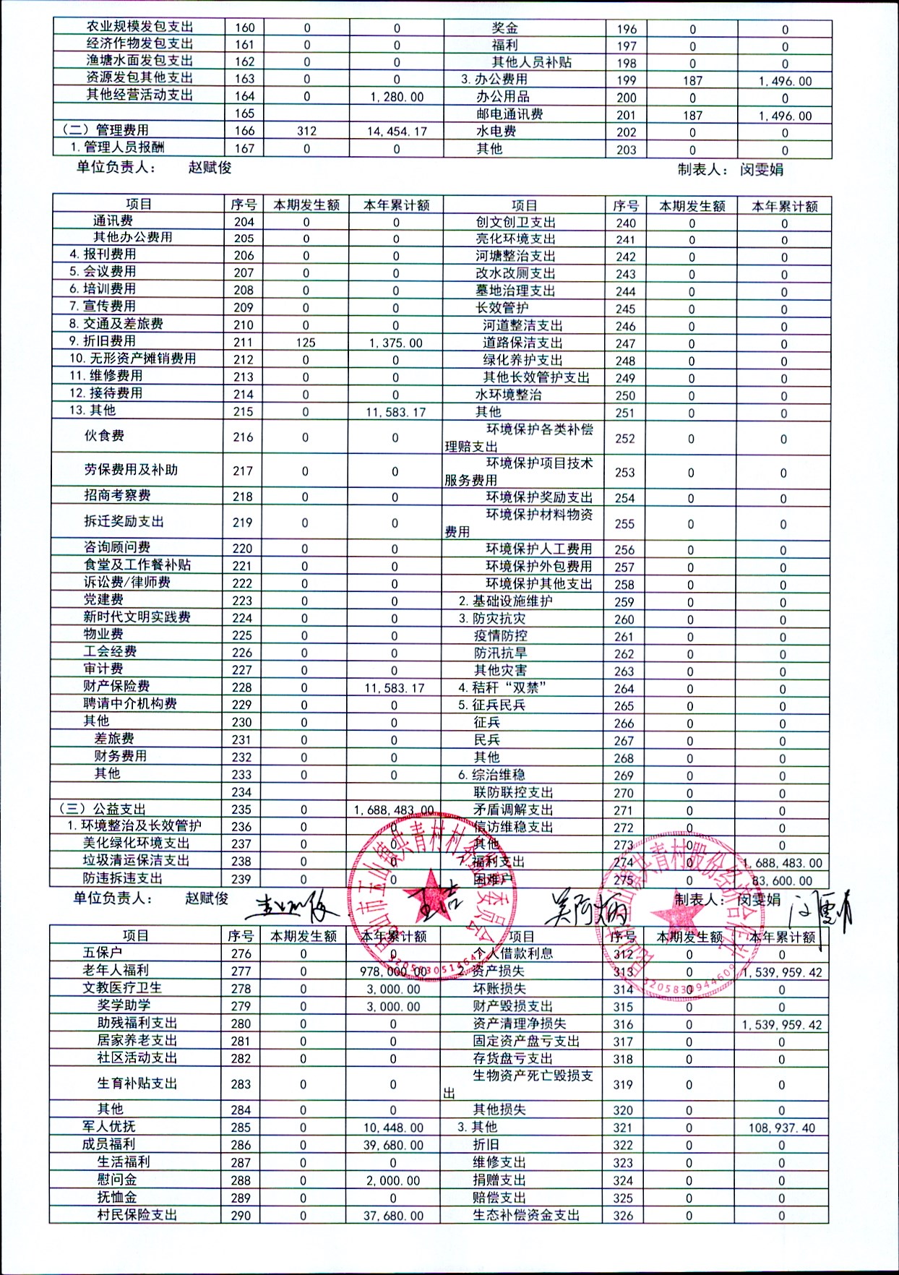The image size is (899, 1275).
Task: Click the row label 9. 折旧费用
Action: click(x=103, y=341)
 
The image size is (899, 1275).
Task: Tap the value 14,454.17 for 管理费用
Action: click(x=397, y=132)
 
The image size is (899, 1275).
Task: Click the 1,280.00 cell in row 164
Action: click(x=397, y=97)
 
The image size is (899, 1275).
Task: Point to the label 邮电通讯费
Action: click(x=509, y=114)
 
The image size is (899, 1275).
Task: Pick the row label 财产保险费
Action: click(x=116, y=686)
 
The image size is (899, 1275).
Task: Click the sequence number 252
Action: click(x=624, y=439)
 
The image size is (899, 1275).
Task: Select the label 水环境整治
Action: click(x=508, y=395)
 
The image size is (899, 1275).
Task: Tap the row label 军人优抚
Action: click(x=109, y=1126)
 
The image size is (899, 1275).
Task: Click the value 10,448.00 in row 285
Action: click(x=393, y=1128)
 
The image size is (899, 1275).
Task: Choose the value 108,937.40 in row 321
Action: click(x=781, y=1128)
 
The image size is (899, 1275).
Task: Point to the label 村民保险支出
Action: click(x=137, y=1214)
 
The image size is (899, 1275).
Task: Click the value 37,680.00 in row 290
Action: click(x=393, y=1216)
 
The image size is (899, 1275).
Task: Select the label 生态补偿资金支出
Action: click(x=526, y=1215)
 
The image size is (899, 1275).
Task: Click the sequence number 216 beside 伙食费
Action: click(x=243, y=437)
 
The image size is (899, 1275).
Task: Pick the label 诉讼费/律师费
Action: click(x=126, y=582)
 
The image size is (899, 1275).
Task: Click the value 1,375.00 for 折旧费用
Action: click(x=395, y=343)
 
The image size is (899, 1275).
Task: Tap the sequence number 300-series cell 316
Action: click(x=623, y=1024)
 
